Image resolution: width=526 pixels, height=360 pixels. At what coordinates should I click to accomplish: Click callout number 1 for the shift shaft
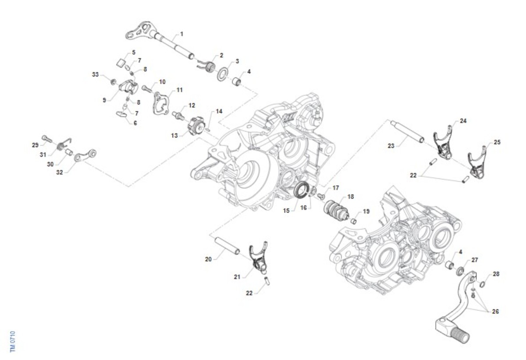point(181,34)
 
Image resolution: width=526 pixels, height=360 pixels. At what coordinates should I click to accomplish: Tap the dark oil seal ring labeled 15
point(301,191)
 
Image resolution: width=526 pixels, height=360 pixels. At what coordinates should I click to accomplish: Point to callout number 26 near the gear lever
point(495,312)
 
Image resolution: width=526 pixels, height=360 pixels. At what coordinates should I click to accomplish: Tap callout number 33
point(96,75)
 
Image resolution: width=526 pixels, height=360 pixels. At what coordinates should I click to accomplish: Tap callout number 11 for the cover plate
point(179,90)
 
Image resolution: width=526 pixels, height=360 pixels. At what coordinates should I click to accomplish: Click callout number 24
point(463,121)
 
